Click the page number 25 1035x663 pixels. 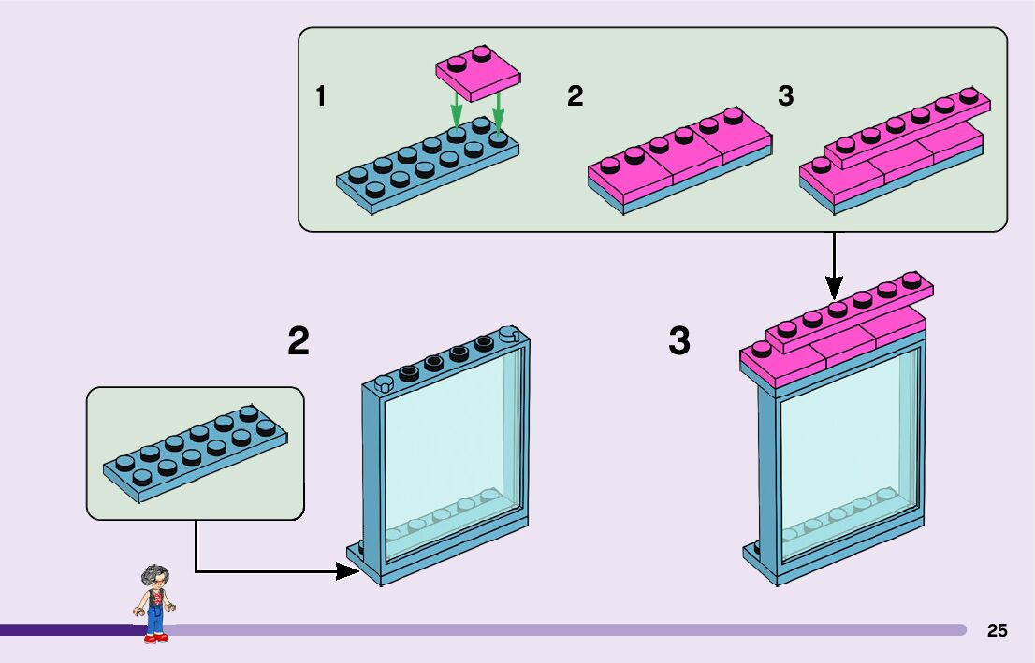pos(997,630)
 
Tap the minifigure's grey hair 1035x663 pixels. pos(154,574)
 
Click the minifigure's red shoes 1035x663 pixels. pos(155,638)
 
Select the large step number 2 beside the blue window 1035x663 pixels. pos(299,341)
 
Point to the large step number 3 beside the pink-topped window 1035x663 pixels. pos(679,341)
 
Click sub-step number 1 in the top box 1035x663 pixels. pos(321,96)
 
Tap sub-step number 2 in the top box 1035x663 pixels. pos(575,96)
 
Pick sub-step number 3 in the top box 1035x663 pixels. pos(785,96)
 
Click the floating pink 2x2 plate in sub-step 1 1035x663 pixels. pos(478,73)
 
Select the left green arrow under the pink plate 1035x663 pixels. pos(456,108)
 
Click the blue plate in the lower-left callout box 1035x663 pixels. pos(196,454)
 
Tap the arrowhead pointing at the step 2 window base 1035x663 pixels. pos(348,571)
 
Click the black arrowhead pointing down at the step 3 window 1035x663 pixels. pos(835,288)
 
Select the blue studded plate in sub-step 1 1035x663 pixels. pos(428,165)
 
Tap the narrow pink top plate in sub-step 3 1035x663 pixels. pos(909,127)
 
